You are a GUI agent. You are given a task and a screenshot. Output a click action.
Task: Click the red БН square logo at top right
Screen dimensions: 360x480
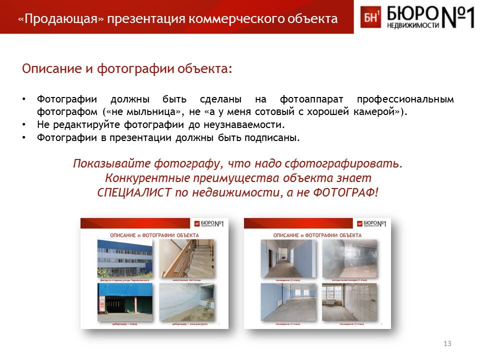coord(370,17)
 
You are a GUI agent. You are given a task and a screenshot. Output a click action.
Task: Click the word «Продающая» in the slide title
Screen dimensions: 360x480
coord(60,19)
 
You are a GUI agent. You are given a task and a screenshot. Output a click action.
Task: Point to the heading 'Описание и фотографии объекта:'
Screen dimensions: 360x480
coord(127,68)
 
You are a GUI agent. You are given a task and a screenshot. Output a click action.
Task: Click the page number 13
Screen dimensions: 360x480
coord(447,343)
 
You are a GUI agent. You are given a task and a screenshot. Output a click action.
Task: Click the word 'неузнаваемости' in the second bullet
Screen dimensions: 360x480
coord(244,124)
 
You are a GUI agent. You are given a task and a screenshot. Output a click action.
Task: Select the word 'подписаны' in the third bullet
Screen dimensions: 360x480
coord(271,137)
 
